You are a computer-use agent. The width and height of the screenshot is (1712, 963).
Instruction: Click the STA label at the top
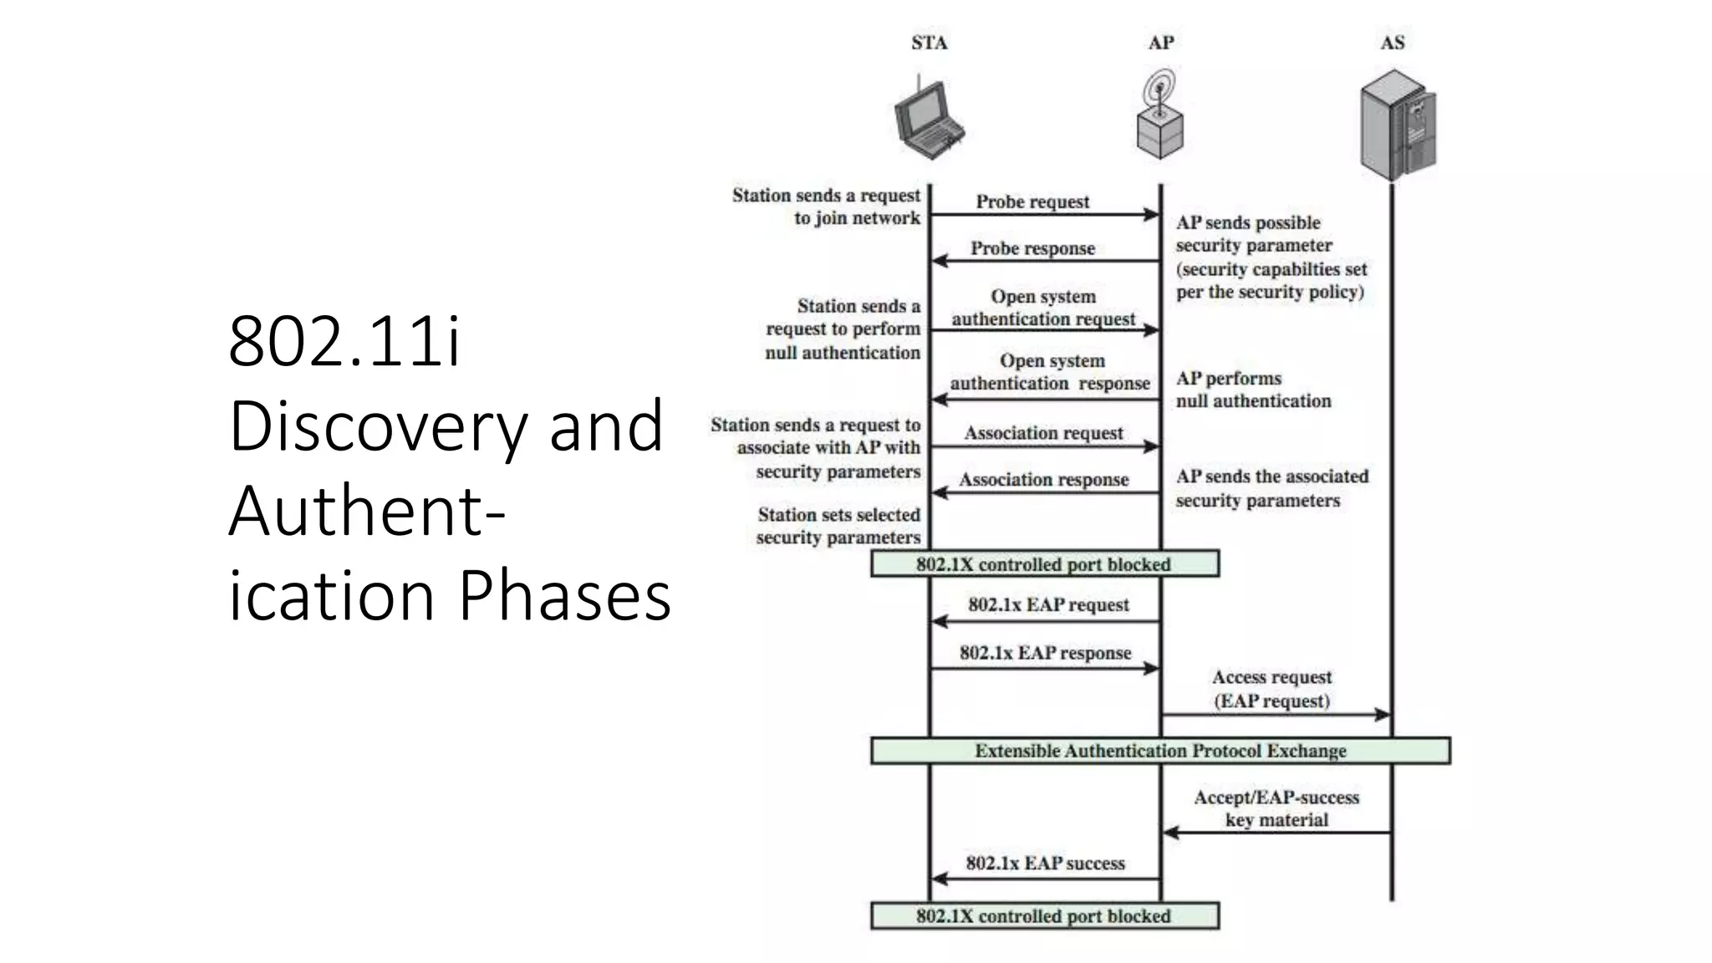click(x=929, y=43)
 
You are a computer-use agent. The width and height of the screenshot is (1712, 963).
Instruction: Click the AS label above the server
click(x=1392, y=43)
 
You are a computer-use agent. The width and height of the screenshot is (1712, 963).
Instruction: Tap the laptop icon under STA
click(x=927, y=121)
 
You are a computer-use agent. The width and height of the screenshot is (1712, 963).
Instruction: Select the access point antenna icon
click(x=1159, y=116)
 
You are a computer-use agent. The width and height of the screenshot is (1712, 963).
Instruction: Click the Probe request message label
click(x=1032, y=201)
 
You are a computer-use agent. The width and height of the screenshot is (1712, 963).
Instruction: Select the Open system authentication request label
click(x=1043, y=308)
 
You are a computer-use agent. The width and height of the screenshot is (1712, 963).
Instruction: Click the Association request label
click(x=1043, y=433)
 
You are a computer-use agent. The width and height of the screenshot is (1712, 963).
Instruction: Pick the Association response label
click(x=1043, y=480)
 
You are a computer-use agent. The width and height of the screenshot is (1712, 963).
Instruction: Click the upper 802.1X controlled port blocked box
click(x=1044, y=564)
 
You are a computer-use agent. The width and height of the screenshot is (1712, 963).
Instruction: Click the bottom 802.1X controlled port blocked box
click(x=1044, y=916)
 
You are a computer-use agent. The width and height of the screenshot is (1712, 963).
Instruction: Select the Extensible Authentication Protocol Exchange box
click(x=1160, y=751)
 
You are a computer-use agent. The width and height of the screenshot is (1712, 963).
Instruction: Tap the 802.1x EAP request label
click(x=1048, y=604)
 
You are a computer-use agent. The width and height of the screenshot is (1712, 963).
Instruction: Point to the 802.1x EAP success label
click(x=1045, y=863)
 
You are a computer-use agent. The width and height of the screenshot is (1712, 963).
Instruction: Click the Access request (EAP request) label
click(x=1271, y=689)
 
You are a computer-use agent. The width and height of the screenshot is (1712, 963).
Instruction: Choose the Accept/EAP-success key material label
click(x=1276, y=808)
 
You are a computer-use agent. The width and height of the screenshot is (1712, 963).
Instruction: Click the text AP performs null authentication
click(x=1252, y=390)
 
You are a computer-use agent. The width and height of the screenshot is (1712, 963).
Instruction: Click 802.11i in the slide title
click(x=344, y=341)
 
